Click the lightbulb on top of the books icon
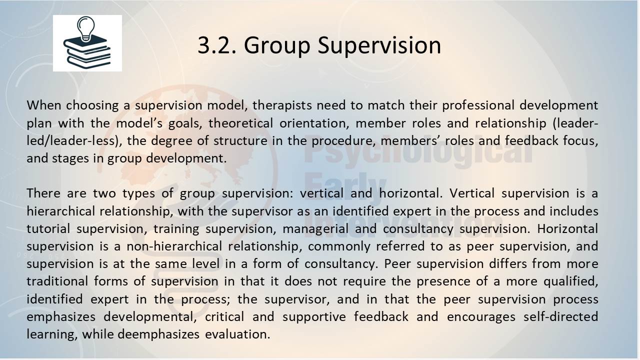click(x=86, y=28)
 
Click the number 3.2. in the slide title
click(x=217, y=45)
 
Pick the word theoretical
click(x=240, y=123)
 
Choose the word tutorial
click(x=48, y=229)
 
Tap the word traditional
click(x=57, y=281)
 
